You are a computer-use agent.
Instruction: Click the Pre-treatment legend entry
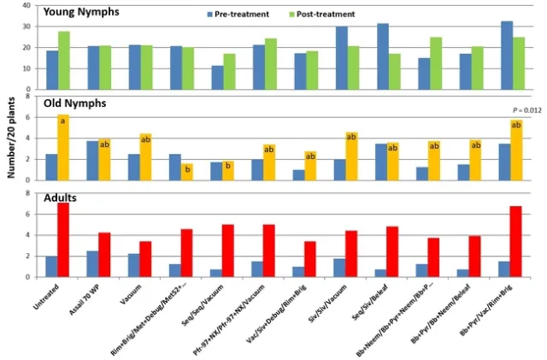point(238,15)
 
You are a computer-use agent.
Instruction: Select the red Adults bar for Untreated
point(63,239)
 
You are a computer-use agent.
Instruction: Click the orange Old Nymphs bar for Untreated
point(63,147)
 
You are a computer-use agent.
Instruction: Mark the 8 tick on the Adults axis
point(28,193)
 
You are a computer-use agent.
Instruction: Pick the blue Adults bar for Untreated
point(51,266)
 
